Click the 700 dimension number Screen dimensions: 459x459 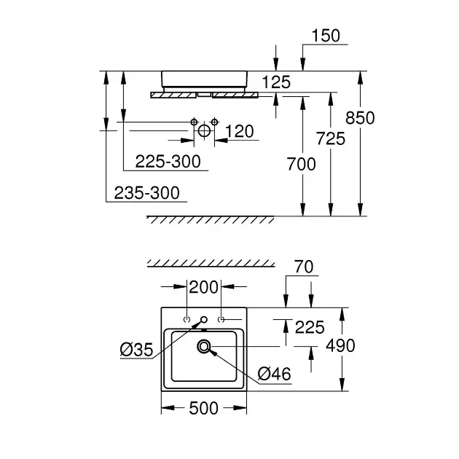point(302,164)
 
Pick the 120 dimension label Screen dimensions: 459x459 point(239,131)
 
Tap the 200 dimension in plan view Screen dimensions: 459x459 point(203,287)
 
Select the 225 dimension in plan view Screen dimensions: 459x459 point(310,327)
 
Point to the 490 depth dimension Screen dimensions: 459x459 point(340,345)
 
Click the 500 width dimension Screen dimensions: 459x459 point(203,409)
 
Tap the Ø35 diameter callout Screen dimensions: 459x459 point(136,350)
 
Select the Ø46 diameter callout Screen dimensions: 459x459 point(274,374)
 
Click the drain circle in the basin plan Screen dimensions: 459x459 point(203,347)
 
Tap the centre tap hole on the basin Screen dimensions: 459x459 point(204,320)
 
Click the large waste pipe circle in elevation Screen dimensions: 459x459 point(204,131)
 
